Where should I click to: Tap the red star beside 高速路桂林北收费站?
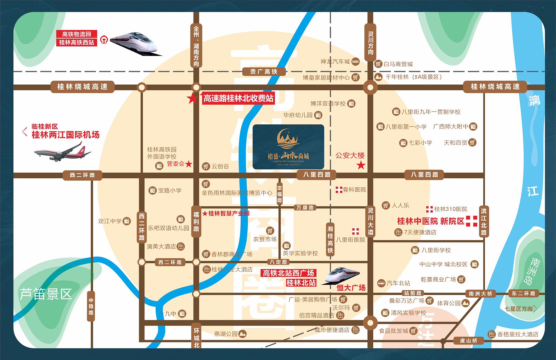[192, 98]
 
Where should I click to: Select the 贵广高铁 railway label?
[264, 72]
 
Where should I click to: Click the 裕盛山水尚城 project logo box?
[288, 147]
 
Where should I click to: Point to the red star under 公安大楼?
[361, 165]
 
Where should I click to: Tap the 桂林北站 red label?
[301, 283]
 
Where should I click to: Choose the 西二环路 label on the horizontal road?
[82, 175]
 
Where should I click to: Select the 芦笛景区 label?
[46, 294]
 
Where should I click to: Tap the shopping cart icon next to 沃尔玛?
[356, 308]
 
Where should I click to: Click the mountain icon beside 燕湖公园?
[242, 334]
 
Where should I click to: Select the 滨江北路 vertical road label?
[484, 222]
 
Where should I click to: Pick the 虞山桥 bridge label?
[468, 341]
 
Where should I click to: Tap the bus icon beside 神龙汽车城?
[356, 61]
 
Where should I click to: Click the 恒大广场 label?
[351, 287]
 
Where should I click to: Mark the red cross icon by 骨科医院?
[339, 190]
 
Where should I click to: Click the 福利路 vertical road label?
[196, 222]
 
